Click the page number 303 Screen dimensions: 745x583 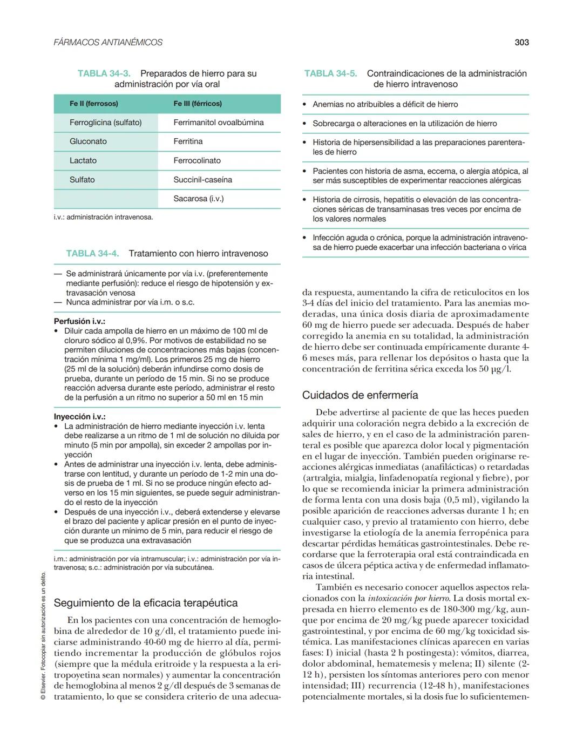click(x=521, y=42)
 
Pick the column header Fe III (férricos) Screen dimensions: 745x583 click(x=198, y=104)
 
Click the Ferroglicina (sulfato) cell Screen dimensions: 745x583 click(x=106, y=123)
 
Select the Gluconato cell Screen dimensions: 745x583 click(x=88, y=141)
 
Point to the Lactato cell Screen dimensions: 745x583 click(x=83, y=160)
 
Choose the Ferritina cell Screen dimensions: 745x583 click(x=188, y=141)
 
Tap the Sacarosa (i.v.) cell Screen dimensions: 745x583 click(x=198, y=199)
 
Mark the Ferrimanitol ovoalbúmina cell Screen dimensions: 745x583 click(x=219, y=123)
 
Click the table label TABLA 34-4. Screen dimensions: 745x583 click(x=92, y=253)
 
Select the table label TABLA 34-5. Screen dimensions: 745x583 click(x=330, y=73)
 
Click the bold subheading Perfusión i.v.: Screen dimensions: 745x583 click(x=79, y=321)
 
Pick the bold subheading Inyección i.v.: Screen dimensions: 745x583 click(x=79, y=417)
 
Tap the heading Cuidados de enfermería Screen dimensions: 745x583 click(x=360, y=395)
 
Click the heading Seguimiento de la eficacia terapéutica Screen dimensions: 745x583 click(x=146, y=602)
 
